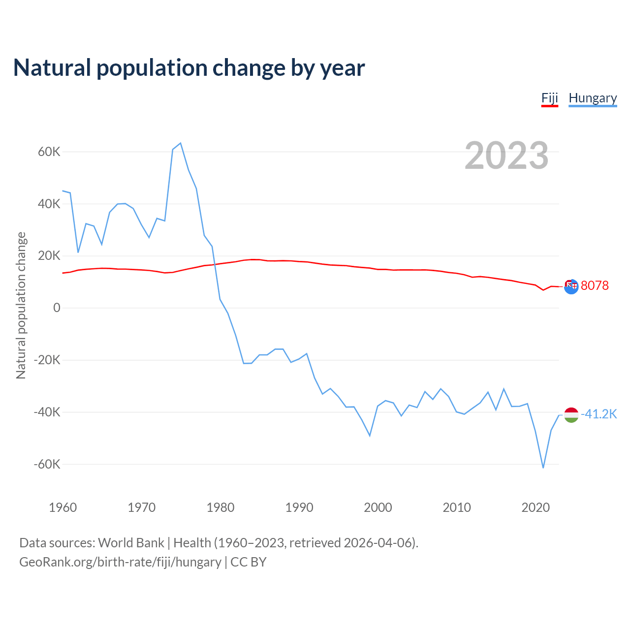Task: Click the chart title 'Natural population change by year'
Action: tap(189, 68)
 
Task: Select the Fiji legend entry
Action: tap(549, 98)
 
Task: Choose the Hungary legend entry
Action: tap(593, 98)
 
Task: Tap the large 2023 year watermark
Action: tap(506, 156)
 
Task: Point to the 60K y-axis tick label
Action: tap(49, 152)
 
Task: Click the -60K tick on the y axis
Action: tap(47, 464)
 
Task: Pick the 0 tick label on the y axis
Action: tap(57, 308)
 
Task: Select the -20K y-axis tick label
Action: tap(47, 360)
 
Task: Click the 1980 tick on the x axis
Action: tap(220, 507)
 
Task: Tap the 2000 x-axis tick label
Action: tap(378, 507)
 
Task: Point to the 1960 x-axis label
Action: tap(63, 507)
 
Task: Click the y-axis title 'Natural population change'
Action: tap(21, 306)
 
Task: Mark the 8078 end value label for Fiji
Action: tap(595, 285)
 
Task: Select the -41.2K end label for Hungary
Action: tap(598, 414)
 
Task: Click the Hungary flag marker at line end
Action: tap(571, 415)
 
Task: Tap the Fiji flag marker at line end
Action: tap(571, 286)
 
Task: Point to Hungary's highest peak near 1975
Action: tap(181, 143)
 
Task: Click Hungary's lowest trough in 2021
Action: tap(543, 468)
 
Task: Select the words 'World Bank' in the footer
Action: tap(131, 543)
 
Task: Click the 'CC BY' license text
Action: tap(249, 562)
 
